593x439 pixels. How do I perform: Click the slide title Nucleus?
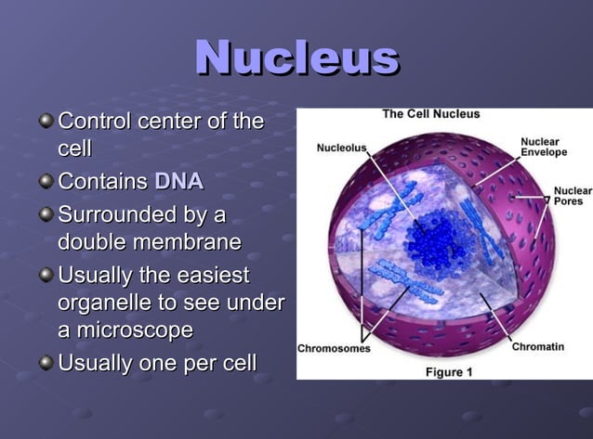[x=296, y=58]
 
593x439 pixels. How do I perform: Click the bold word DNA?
[x=178, y=181]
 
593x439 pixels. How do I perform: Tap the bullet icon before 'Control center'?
[x=46, y=123]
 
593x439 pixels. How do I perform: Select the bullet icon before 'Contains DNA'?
[x=46, y=182]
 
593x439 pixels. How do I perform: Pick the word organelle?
[x=107, y=303]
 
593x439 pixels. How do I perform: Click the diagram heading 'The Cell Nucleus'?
[x=431, y=114]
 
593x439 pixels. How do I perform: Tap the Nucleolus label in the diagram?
[x=341, y=147]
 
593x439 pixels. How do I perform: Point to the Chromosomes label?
[x=334, y=349]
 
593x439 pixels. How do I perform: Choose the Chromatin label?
[x=537, y=347]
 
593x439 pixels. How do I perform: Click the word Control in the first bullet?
[x=95, y=122]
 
